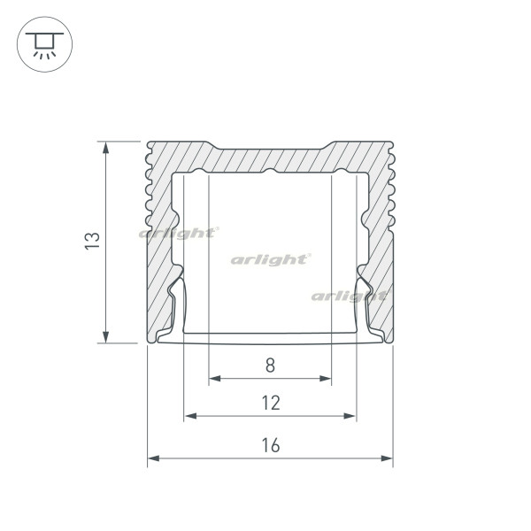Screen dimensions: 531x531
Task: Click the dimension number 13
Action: pos(92,241)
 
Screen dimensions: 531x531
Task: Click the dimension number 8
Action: pos(270,366)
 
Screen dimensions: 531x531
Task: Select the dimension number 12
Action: pos(271,403)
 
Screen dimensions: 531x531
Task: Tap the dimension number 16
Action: pos(271,445)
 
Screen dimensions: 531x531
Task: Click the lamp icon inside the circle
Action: pos(44,45)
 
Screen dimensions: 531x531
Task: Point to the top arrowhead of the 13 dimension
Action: pos(106,148)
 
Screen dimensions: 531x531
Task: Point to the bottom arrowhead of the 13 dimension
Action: pos(106,337)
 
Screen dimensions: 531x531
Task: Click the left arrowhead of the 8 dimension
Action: pos(215,378)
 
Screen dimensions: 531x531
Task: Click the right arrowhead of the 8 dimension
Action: pos(325,378)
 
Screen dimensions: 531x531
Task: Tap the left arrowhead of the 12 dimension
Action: pos(190,416)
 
